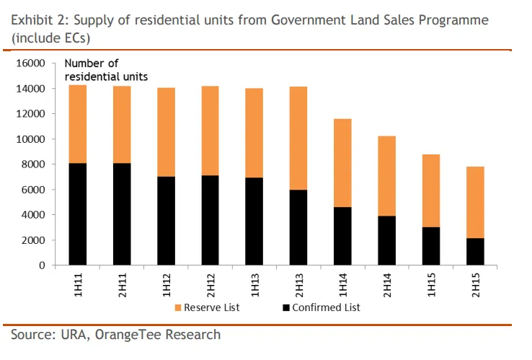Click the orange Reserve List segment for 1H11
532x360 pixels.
77,124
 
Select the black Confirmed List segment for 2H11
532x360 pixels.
122,214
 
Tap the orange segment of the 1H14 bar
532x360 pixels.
342,163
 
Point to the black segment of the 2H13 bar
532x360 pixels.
298,227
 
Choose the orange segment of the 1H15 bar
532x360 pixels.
431,190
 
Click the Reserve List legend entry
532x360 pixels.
207,307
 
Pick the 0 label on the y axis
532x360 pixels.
42,265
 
